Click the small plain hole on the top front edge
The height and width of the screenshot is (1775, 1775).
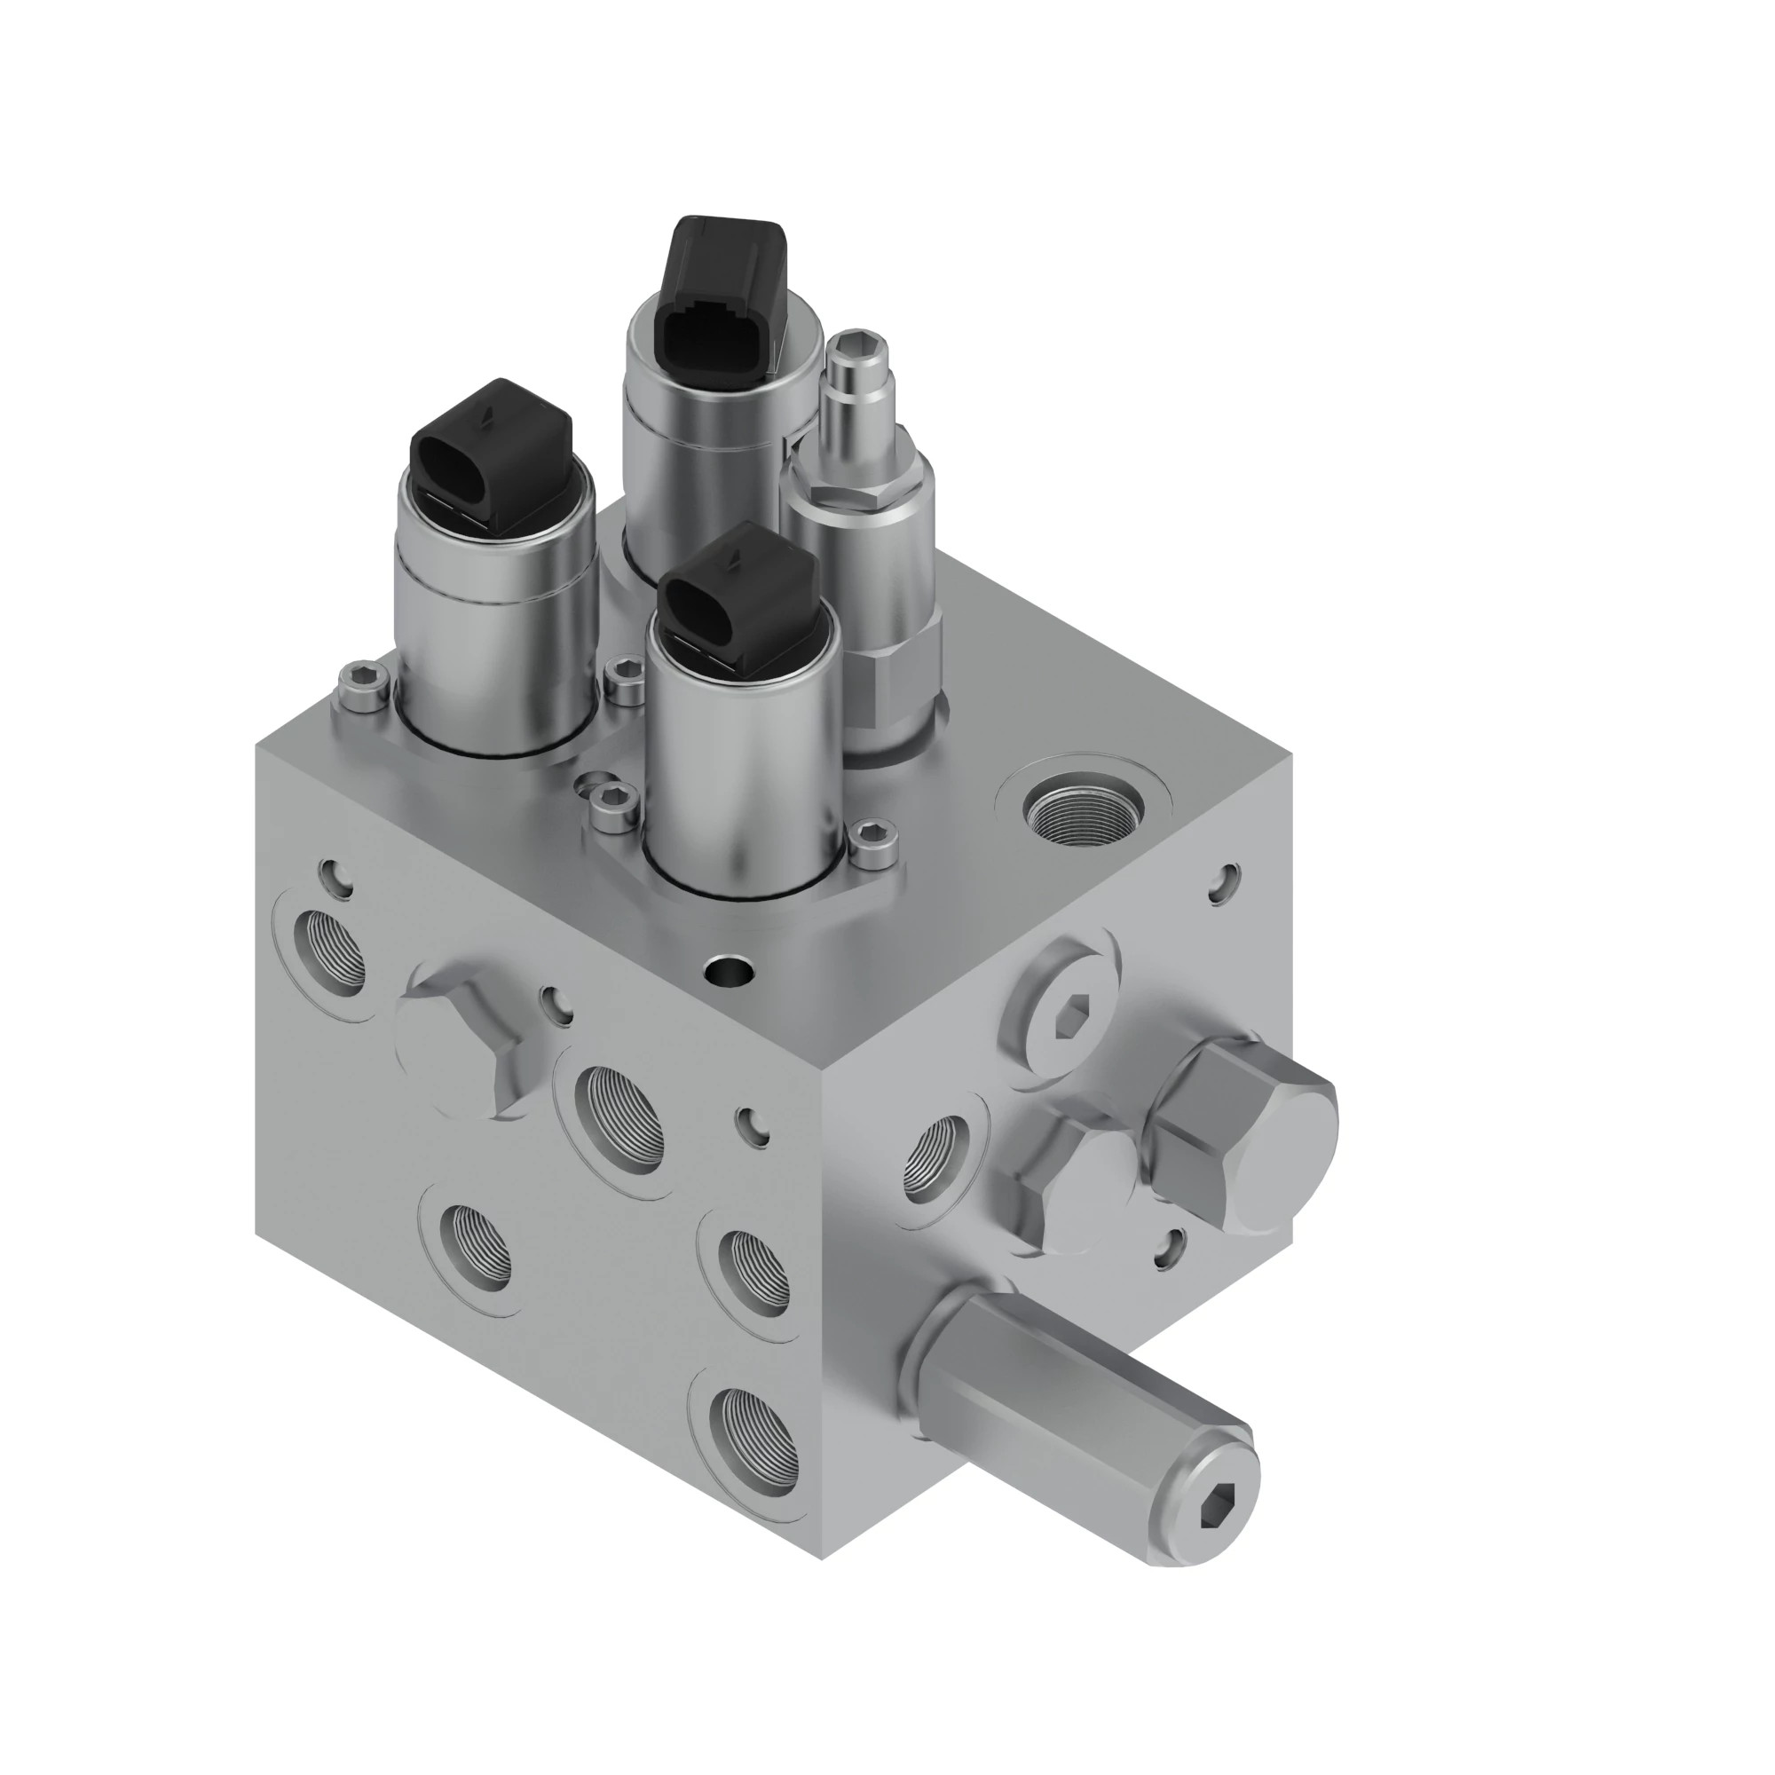click(730, 968)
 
